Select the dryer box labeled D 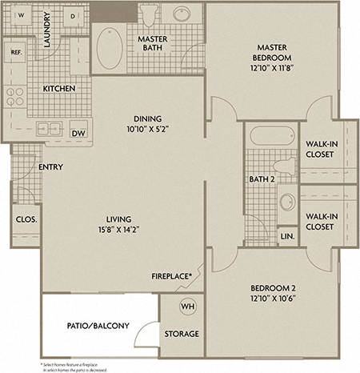(x=73, y=16)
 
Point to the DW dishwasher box (x=78, y=133)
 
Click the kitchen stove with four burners (x=16, y=98)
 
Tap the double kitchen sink (x=49, y=127)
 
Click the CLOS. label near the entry (x=23, y=218)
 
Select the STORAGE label (x=182, y=334)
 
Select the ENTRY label (x=50, y=167)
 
